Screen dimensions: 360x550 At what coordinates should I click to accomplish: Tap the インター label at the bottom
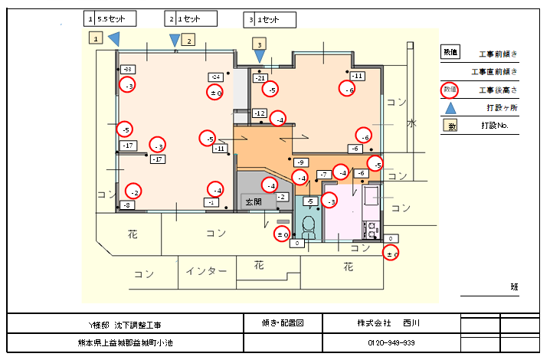tap(206, 271)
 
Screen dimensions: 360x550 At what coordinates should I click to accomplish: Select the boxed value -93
tap(126, 69)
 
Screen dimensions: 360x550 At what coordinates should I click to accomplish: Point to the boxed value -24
tap(215, 77)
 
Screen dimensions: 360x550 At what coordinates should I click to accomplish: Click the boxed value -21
tap(260, 78)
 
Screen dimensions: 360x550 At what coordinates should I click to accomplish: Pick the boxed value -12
tap(260, 113)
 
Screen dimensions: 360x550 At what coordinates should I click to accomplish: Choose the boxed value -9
tap(300, 162)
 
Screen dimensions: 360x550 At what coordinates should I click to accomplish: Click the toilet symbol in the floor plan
tap(309, 226)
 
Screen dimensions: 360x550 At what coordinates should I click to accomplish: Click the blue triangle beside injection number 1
tap(113, 37)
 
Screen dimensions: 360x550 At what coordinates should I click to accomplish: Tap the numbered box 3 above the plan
tap(260, 45)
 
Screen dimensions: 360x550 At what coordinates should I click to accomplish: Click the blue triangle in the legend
tap(450, 108)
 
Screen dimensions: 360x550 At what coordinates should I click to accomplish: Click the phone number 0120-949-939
tap(391, 342)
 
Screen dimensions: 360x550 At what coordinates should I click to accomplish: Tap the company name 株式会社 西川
tap(391, 323)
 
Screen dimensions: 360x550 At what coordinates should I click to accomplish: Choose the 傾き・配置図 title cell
tap(282, 323)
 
